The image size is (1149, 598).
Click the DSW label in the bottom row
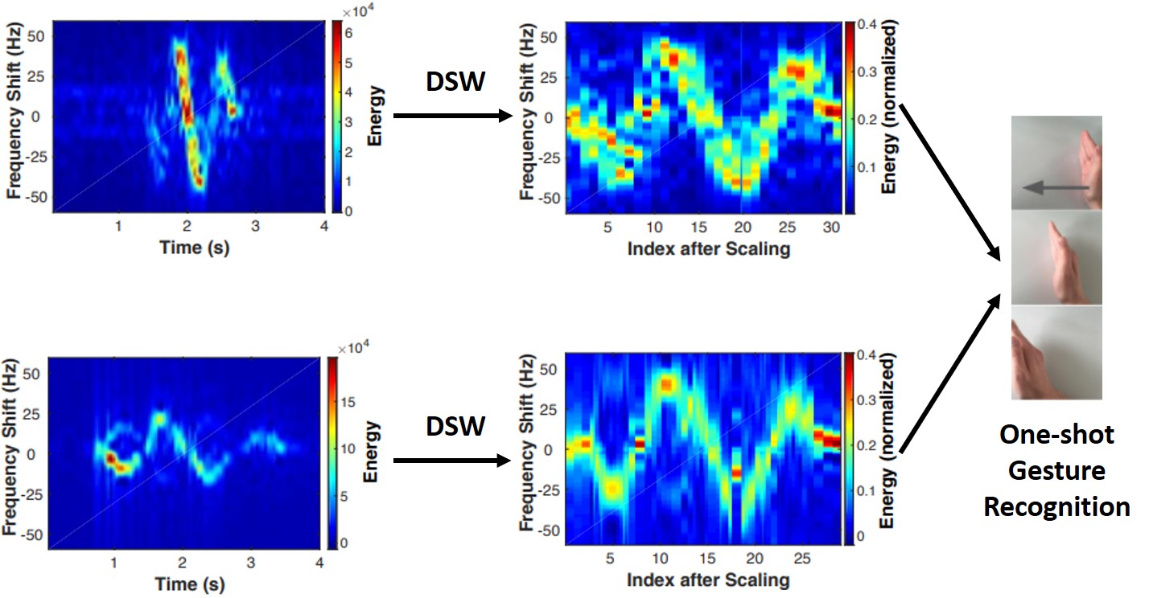(x=454, y=427)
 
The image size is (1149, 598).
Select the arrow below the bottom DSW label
(x=453, y=461)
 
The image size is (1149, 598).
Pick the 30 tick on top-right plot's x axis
(x=830, y=228)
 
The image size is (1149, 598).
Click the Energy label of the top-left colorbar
(x=375, y=117)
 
